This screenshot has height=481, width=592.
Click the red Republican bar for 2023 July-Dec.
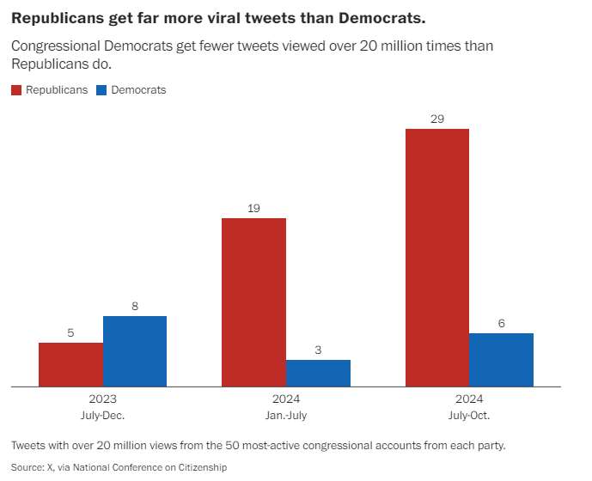click(x=70, y=364)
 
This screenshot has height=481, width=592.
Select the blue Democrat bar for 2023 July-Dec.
click(x=135, y=351)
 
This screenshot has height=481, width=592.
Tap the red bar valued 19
click(x=253, y=301)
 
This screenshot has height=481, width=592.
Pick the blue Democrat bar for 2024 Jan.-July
click(x=318, y=373)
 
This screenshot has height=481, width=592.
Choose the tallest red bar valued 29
click(x=437, y=258)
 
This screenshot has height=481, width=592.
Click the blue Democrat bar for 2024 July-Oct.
click(x=501, y=360)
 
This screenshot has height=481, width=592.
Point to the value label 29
click(x=437, y=119)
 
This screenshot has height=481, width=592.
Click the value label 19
click(x=253, y=208)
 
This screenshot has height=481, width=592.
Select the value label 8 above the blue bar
click(x=135, y=306)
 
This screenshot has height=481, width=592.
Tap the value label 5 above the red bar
click(x=70, y=332)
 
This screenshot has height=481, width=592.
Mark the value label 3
click(x=318, y=350)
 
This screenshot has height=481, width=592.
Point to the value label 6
click(x=501, y=323)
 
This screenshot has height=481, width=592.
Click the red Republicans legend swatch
click(x=16, y=90)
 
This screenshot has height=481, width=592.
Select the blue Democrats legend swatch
click(x=101, y=90)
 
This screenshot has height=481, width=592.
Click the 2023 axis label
click(x=102, y=399)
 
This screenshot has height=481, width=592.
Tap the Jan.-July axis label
click(x=286, y=416)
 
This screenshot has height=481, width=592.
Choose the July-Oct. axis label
click(x=469, y=416)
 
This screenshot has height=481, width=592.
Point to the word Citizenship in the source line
click(x=199, y=467)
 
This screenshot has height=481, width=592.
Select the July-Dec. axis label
click(x=102, y=416)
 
